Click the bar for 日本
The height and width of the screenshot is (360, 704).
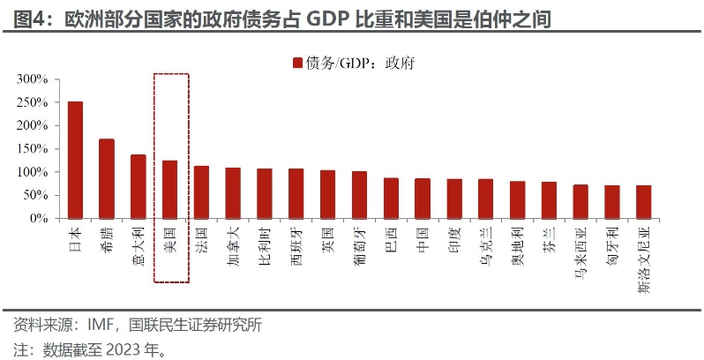(x=75, y=160)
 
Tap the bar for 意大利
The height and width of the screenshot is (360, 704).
(x=139, y=186)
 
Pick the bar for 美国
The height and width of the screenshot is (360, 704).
(x=170, y=189)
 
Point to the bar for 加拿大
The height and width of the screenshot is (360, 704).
(x=233, y=192)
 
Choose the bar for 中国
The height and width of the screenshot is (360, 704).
(x=423, y=198)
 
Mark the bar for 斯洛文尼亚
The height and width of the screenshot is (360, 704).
(x=644, y=201)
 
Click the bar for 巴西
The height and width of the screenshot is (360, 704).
(x=391, y=198)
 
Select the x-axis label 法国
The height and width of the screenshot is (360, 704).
(x=202, y=238)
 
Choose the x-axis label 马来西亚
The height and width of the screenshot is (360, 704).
(x=580, y=250)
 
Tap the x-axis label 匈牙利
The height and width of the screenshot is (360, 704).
(x=612, y=244)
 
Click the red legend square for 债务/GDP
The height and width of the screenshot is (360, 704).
(x=296, y=63)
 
